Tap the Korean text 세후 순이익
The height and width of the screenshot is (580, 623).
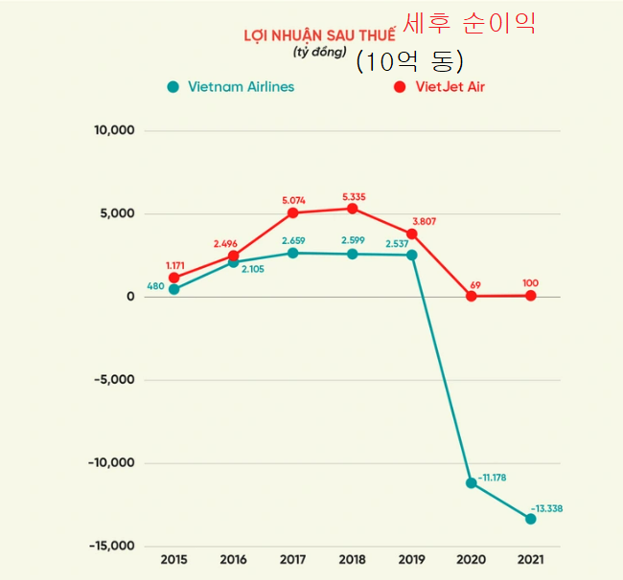[469, 24]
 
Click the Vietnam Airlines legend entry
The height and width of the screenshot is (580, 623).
[231, 86]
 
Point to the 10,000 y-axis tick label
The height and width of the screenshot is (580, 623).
[114, 130]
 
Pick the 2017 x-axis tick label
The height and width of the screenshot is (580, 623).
[292, 560]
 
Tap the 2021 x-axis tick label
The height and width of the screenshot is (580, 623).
[530, 560]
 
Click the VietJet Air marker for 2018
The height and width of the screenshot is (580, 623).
[352, 209]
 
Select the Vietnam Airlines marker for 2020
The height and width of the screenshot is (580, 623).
[471, 482]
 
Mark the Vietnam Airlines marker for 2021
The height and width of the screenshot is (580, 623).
[530, 519]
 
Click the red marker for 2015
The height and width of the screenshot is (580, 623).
[173, 278]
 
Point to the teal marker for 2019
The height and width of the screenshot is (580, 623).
[411, 255]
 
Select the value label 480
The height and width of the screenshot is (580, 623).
[155, 285]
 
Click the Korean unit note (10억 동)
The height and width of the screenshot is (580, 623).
[410, 61]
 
